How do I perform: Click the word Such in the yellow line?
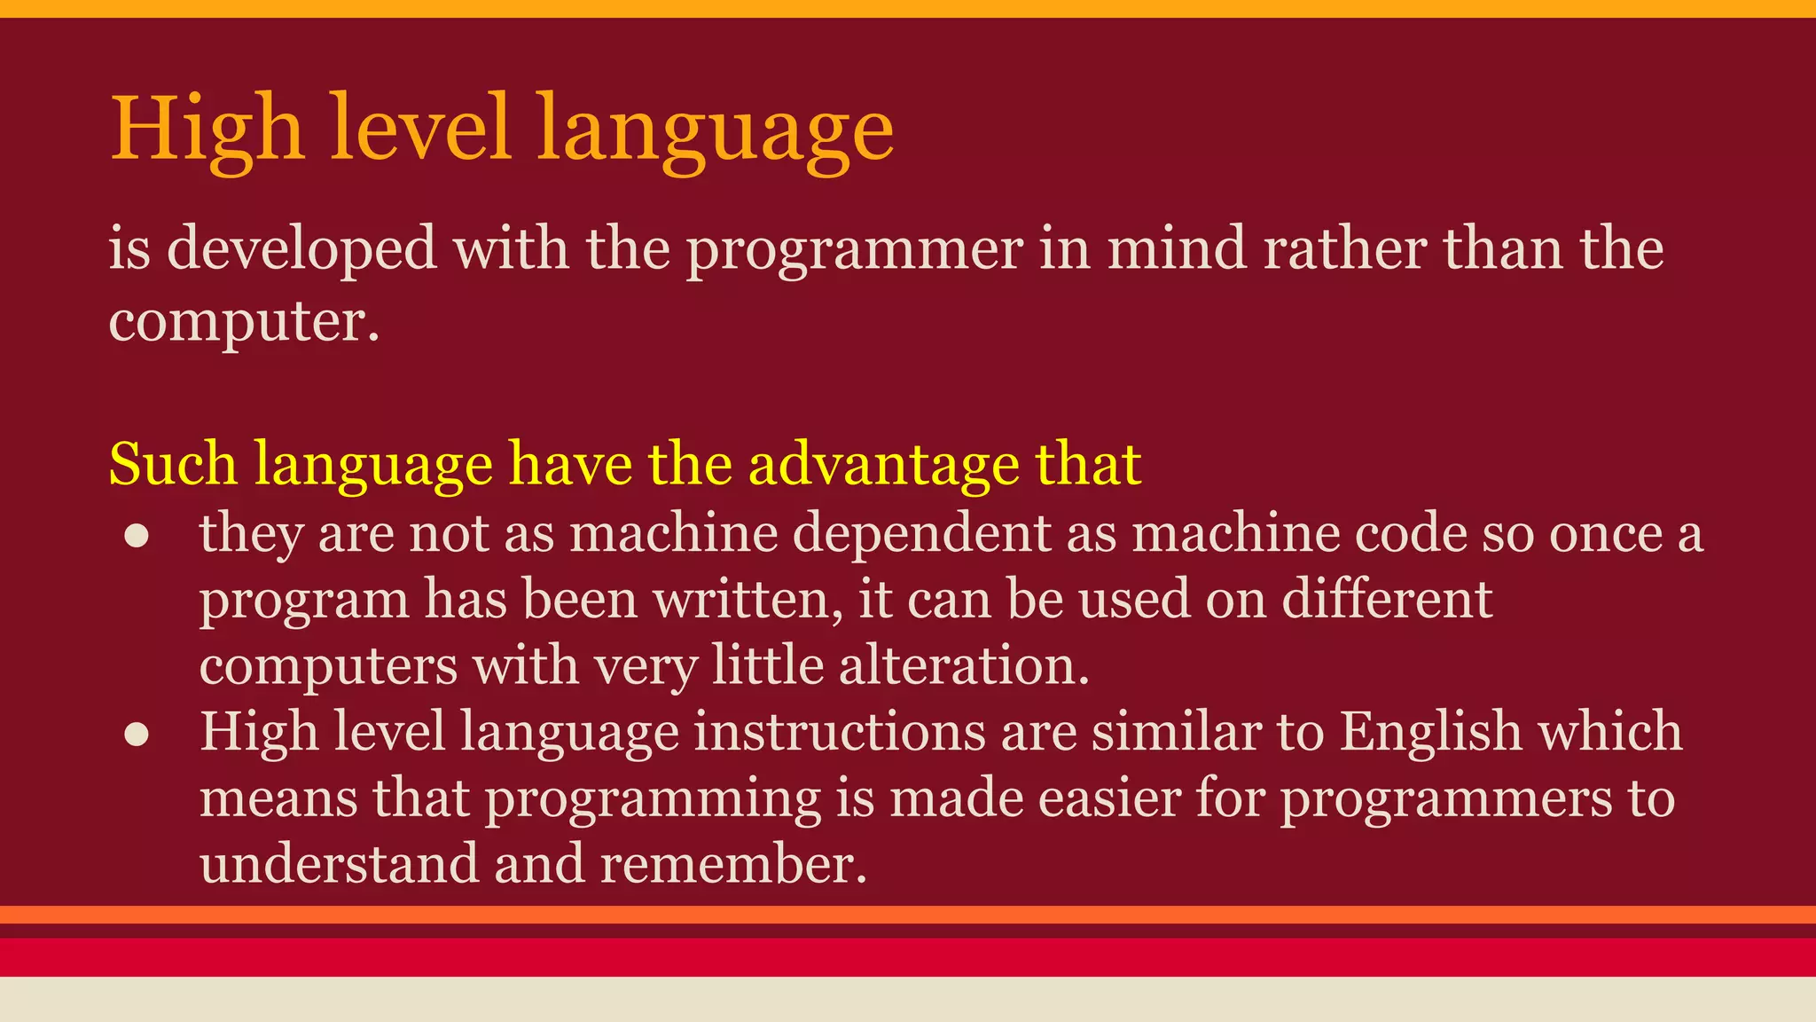pos(173,464)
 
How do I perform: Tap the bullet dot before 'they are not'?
pos(136,536)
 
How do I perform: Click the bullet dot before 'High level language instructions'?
pos(136,735)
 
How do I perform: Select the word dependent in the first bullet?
pos(921,534)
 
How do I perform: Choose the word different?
pos(1387,600)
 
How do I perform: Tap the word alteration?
pos(964,665)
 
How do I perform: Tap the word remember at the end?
pos(732,864)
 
